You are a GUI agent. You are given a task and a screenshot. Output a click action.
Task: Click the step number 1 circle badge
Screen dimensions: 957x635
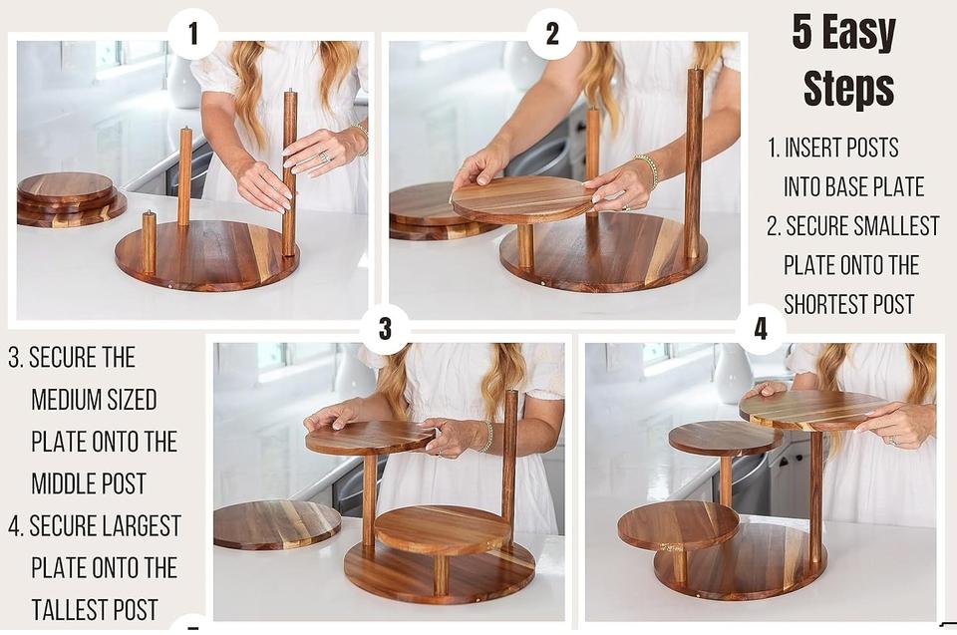coord(193,33)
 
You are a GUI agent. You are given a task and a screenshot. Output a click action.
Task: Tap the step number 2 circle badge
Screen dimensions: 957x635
coord(552,33)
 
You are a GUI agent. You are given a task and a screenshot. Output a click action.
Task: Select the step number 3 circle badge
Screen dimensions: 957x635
coord(385,328)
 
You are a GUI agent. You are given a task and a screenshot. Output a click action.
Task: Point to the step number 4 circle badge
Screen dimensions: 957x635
coord(760,329)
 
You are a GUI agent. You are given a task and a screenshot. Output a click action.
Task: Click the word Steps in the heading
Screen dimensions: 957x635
coord(848,88)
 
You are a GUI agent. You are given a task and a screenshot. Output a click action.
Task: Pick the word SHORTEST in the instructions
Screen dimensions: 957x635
coord(849,304)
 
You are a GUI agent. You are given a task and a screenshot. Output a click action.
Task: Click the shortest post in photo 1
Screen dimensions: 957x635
coord(149,241)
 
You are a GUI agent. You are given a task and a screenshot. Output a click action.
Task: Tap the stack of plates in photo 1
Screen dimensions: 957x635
coord(69,198)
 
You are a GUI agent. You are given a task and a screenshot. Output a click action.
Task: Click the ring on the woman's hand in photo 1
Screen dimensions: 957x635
coord(324,159)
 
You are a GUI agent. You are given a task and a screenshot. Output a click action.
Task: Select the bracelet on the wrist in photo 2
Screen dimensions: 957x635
coord(648,171)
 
